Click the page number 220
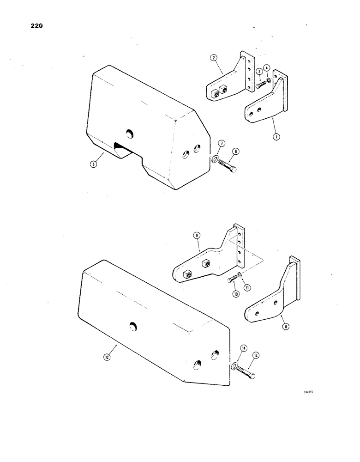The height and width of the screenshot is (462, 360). click(35, 26)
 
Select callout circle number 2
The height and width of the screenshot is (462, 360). click(214, 58)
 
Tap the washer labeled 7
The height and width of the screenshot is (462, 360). click(216, 160)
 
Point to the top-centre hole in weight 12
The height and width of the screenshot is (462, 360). click(133, 327)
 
